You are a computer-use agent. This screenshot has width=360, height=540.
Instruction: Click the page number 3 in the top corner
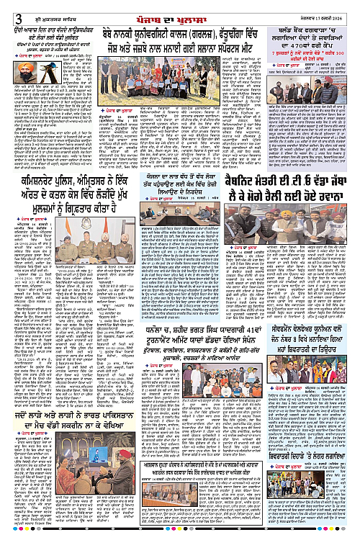[x=6, y=7]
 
